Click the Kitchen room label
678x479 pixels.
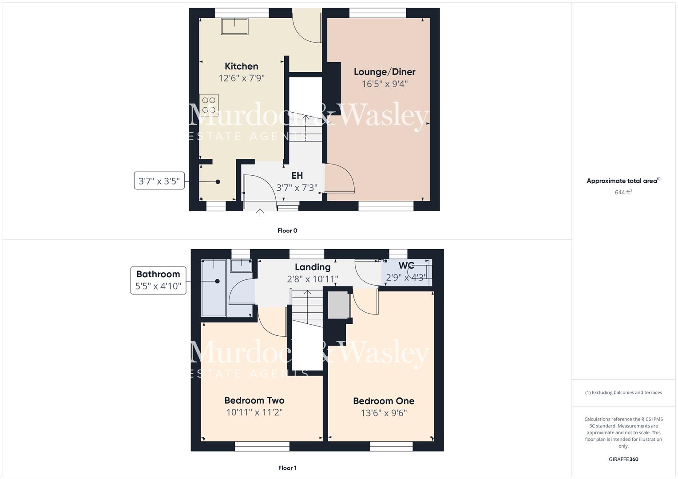(241, 67)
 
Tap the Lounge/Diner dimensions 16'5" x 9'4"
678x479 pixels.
(385, 84)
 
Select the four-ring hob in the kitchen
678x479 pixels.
(209, 105)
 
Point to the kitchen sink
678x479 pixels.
(235, 26)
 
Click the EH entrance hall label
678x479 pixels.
(297, 176)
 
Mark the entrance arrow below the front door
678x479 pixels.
(260, 213)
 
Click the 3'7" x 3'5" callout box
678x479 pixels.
(159, 181)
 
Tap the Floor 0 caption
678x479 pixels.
(287, 231)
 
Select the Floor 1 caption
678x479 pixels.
(287, 468)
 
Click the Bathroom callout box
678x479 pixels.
(158, 280)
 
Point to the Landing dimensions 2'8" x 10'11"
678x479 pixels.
(313, 279)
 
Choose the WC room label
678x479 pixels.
(406, 266)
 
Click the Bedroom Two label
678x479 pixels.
(254, 400)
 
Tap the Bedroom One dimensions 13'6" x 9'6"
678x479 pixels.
(384, 413)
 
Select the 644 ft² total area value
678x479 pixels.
(623, 192)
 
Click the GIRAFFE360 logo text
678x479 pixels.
(623, 459)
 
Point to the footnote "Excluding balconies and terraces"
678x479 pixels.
(623, 393)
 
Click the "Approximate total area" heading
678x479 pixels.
(622, 181)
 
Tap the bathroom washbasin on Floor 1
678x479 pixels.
(241, 265)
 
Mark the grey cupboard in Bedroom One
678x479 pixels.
(339, 305)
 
